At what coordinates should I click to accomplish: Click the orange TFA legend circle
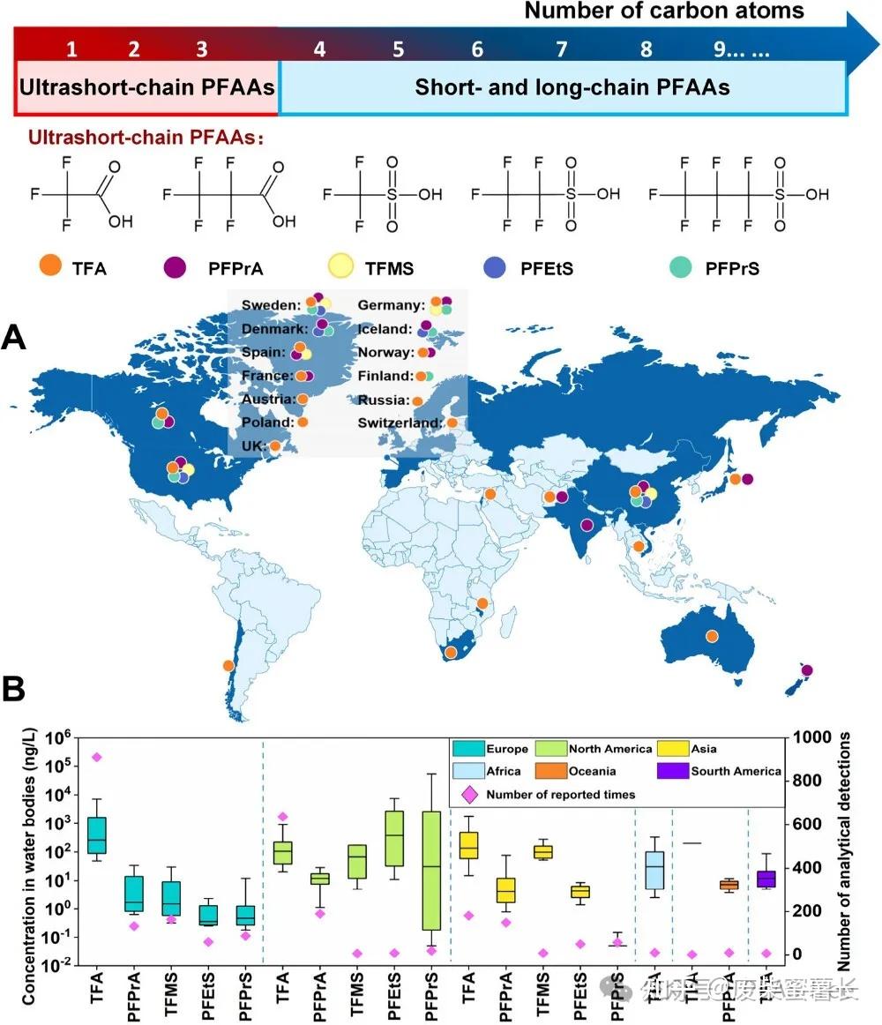click(51, 266)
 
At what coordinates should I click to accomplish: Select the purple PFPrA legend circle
click(176, 266)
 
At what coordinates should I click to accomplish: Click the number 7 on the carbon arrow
click(562, 49)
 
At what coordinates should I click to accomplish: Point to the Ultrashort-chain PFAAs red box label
click(146, 88)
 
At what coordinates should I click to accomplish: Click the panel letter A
click(15, 338)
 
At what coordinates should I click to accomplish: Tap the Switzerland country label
click(400, 423)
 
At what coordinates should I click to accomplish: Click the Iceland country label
click(385, 329)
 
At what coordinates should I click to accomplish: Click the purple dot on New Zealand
click(807, 670)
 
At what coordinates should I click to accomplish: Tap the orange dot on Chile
click(228, 666)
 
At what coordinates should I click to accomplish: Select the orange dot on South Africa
click(451, 653)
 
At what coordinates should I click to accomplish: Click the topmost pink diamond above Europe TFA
click(96, 757)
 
